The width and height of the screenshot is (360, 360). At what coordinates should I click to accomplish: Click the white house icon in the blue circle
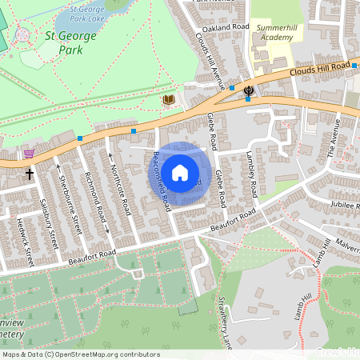click(x=180, y=172)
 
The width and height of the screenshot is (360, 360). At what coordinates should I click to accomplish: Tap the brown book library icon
click(x=168, y=100)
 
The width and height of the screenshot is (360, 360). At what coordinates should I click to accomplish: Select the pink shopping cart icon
click(x=30, y=154)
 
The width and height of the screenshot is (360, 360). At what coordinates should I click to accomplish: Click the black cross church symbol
click(x=30, y=173)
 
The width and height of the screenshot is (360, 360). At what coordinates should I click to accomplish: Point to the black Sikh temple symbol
click(x=249, y=90)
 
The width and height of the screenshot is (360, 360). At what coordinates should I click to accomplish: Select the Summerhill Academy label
click(x=275, y=32)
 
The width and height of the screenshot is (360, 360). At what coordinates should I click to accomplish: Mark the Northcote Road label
click(x=121, y=185)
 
